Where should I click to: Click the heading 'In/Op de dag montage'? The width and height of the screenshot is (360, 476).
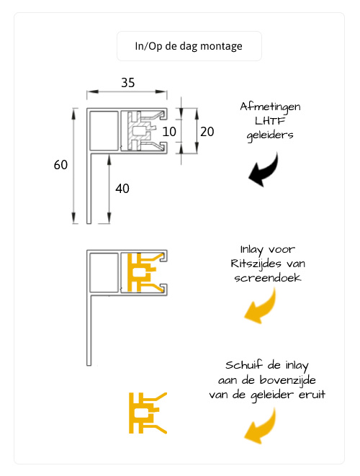click(x=189, y=46)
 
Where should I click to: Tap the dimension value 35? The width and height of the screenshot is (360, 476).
click(x=127, y=83)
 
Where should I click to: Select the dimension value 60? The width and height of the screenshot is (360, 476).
click(x=60, y=165)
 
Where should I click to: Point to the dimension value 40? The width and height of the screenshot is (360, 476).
click(x=122, y=189)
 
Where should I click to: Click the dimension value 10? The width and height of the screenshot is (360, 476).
click(x=169, y=132)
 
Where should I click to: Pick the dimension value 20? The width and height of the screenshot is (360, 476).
click(x=207, y=132)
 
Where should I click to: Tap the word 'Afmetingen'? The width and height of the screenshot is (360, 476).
click(x=270, y=107)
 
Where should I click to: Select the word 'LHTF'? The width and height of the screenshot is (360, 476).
click(x=270, y=121)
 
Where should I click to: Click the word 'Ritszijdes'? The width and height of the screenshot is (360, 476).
click(x=254, y=264)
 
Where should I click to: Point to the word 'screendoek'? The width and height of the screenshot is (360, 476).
click(x=268, y=277)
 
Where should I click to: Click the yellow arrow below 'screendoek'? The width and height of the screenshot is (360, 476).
click(x=262, y=307)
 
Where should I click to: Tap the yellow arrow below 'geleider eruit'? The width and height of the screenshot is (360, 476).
click(x=262, y=426)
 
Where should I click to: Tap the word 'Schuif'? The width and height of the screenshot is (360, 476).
click(x=244, y=364)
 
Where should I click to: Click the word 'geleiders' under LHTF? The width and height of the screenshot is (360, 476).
click(x=270, y=135)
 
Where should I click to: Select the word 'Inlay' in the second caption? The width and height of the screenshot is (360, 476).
click(x=251, y=250)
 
